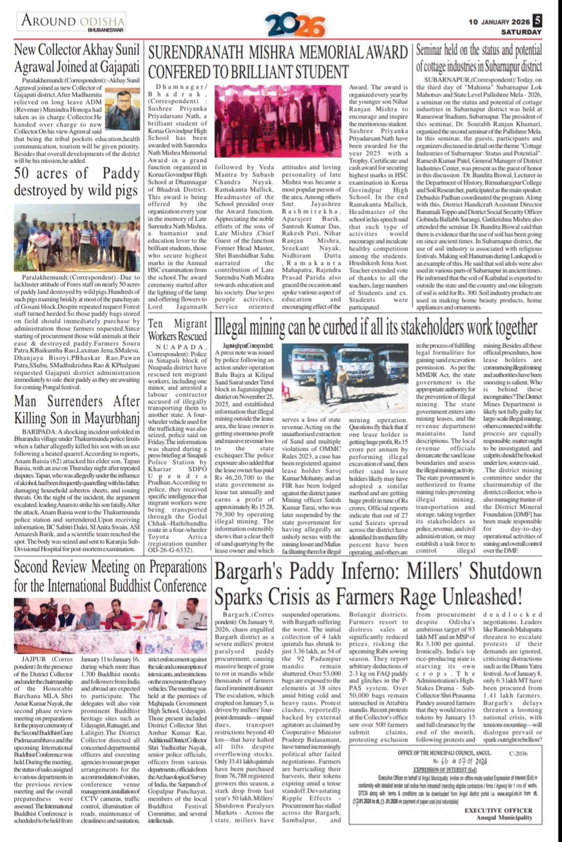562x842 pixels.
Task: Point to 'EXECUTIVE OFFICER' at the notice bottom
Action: (498, 811)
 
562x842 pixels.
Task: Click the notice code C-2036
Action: (518, 753)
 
